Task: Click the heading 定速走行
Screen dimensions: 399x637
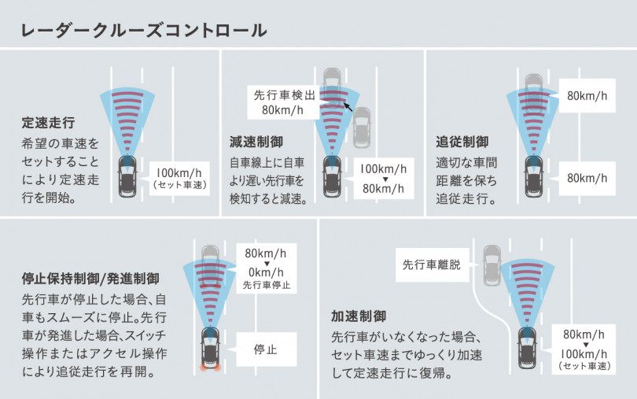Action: [x=48, y=123]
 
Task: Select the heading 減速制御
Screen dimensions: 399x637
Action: [x=256, y=142]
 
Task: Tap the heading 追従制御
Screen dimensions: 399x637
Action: [x=462, y=142]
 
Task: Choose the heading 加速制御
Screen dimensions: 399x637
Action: [x=358, y=316]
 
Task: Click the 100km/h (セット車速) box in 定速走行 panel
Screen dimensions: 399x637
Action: [x=181, y=179]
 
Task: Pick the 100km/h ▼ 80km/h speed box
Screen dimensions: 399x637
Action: [x=383, y=179]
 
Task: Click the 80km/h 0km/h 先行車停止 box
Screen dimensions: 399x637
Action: [x=266, y=268]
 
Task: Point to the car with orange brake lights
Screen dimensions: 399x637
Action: [x=210, y=348]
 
